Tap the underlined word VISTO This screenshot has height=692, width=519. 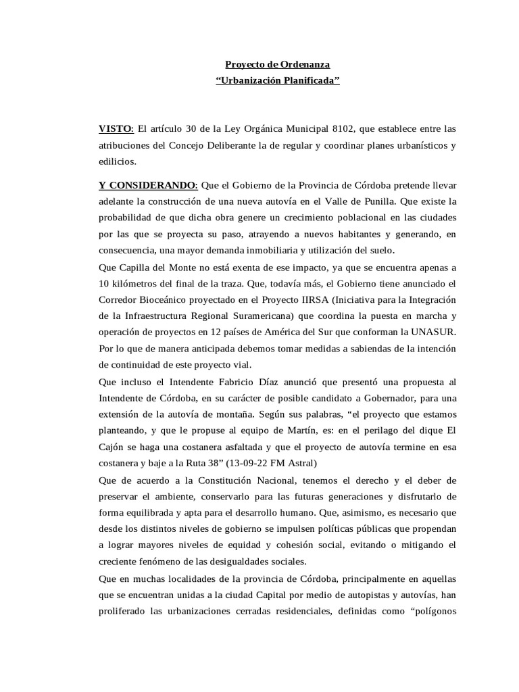click(116, 128)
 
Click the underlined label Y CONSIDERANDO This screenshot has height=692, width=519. click(147, 184)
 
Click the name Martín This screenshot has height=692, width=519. click(282, 429)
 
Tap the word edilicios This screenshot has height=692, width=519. click(118, 161)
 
